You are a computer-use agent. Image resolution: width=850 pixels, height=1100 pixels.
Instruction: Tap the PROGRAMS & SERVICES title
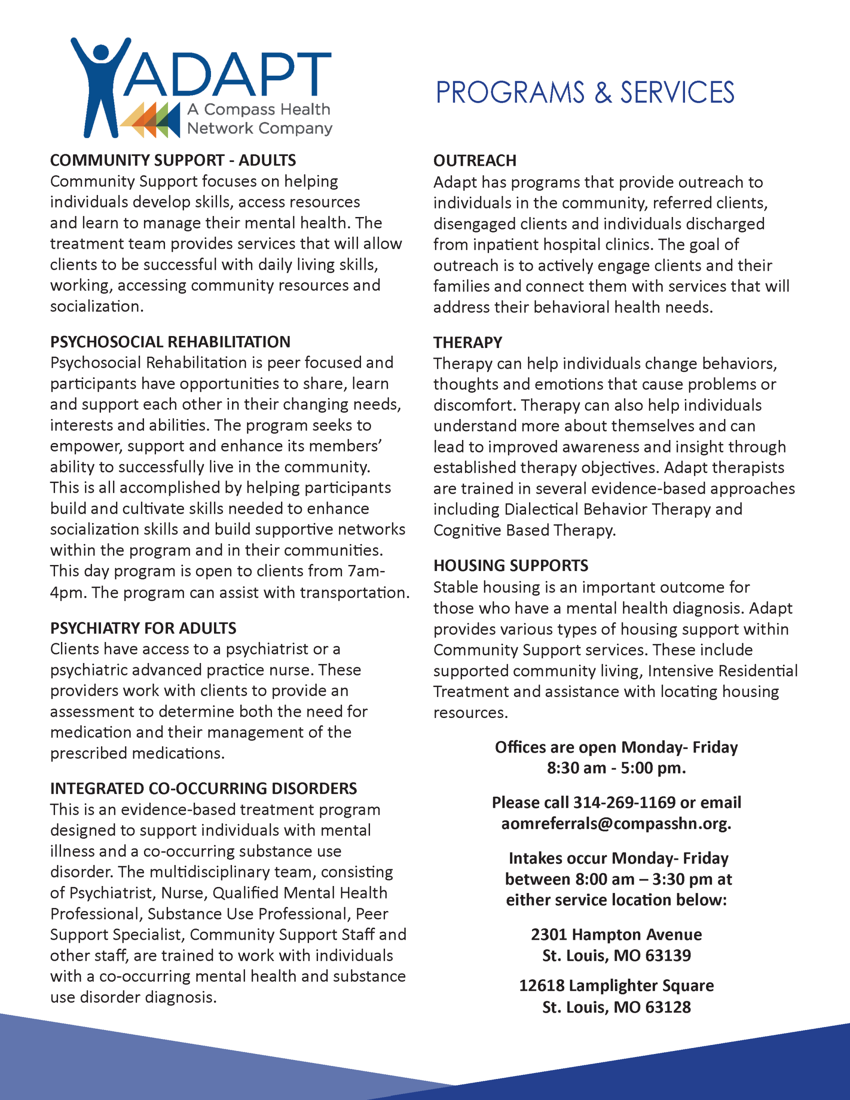click(x=584, y=93)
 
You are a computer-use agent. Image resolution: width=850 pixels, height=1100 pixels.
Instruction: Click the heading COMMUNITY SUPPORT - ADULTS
click(x=173, y=160)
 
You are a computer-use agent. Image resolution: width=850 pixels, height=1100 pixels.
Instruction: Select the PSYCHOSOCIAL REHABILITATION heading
click(x=170, y=342)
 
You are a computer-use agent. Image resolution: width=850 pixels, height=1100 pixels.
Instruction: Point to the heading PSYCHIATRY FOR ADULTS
click(x=143, y=628)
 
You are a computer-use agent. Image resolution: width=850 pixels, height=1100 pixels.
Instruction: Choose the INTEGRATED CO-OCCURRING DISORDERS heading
click(x=204, y=788)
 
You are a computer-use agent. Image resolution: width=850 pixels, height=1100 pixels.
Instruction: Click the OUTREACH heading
click(x=474, y=161)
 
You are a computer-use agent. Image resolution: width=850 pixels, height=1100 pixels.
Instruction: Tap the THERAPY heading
click(x=468, y=342)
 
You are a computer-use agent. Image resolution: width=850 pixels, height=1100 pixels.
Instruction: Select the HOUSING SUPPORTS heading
click(x=511, y=565)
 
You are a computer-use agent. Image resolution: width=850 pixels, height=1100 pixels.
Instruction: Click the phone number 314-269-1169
click(x=624, y=802)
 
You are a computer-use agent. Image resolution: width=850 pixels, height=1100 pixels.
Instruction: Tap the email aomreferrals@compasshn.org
click(x=616, y=823)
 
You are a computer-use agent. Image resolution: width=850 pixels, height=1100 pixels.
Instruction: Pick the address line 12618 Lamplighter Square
click(x=616, y=986)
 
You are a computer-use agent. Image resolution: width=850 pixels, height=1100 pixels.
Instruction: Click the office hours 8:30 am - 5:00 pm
click(x=616, y=768)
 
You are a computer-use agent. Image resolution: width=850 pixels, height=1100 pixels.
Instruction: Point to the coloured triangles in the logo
click(x=150, y=120)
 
